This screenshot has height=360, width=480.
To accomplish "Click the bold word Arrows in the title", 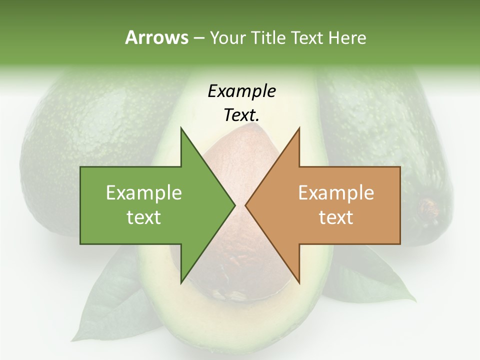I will pyautogui.click(x=156, y=37).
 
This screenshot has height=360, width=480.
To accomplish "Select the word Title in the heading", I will pyautogui.click(x=268, y=38).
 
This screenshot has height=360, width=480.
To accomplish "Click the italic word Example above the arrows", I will pyautogui.click(x=241, y=91).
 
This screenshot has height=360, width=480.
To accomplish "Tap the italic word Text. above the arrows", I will pyautogui.click(x=241, y=115).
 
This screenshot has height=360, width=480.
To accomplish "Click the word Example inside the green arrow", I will pyautogui.click(x=144, y=193).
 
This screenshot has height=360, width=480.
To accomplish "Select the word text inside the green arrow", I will pyautogui.click(x=144, y=217).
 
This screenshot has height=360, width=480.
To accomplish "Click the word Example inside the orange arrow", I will pyautogui.click(x=336, y=193).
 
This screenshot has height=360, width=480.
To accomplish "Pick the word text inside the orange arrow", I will pyautogui.click(x=336, y=217).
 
